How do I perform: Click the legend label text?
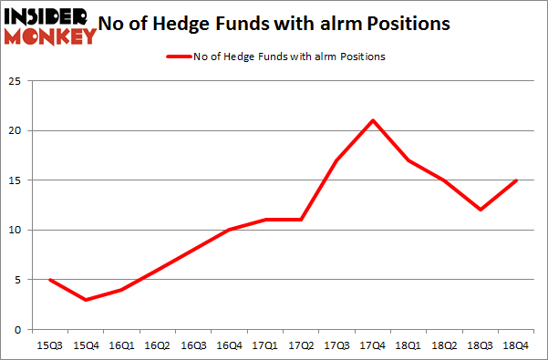(289, 57)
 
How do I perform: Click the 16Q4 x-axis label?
(229, 346)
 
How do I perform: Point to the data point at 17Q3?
(337, 160)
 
